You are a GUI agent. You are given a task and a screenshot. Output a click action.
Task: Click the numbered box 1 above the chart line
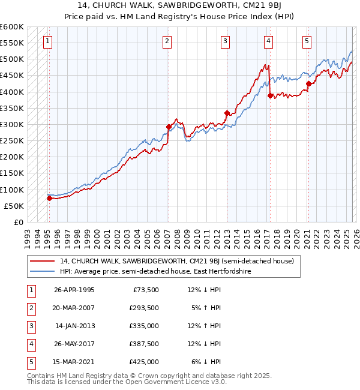[x=47, y=41]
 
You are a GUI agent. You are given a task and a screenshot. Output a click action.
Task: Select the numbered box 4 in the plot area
[x=268, y=41]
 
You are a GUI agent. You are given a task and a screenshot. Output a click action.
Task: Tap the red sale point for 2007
[x=169, y=126]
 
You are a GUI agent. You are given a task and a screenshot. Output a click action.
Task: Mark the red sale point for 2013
[x=227, y=113]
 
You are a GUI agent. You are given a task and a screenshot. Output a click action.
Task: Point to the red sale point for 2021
[x=308, y=83]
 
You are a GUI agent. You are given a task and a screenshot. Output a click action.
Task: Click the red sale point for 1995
[x=49, y=198]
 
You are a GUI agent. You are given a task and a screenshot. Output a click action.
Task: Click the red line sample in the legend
[x=43, y=262]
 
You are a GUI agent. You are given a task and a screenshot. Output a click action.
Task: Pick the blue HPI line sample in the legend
[x=43, y=272]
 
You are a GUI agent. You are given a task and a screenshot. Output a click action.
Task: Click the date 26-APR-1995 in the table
[x=74, y=290]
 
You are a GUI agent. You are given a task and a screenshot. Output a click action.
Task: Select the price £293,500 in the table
[x=144, y=308]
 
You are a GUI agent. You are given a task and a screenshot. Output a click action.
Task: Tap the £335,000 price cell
[x=144, y=326]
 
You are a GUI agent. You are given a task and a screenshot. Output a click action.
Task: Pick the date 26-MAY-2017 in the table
[x=74, y=344]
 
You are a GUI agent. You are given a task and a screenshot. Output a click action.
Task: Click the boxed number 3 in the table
[x=30, y=326]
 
